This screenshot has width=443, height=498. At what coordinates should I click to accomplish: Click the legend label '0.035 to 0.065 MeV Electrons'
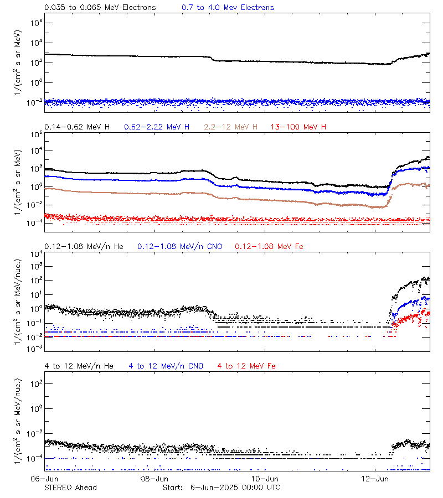[x=100, y=8]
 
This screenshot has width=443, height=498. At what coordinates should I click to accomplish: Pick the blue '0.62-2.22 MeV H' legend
[x=157, y=127]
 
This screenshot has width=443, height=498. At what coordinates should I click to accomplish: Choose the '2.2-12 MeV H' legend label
[x=231, y=127]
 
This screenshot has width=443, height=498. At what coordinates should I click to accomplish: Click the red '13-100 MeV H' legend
[x=298, y=127]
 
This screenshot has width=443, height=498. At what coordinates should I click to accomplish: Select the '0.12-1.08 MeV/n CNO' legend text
[x=179, y=246]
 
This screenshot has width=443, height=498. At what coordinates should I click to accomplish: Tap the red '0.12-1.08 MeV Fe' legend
[x=269, y=246]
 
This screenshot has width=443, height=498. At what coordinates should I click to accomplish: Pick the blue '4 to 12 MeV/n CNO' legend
[x=166, y=366]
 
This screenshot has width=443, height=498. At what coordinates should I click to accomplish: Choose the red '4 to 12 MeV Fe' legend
[x=246, y=366]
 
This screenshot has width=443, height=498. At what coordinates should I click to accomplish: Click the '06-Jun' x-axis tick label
[x=45, y=478]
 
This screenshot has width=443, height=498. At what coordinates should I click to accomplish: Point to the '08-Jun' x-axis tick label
[x=154, y=478]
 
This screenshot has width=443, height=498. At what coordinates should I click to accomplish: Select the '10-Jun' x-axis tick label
[x=265, y=478]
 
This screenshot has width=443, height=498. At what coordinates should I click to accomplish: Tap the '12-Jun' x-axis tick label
[x=374, y=478]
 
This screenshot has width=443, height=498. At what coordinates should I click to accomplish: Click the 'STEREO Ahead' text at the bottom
[x=70, y=487]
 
